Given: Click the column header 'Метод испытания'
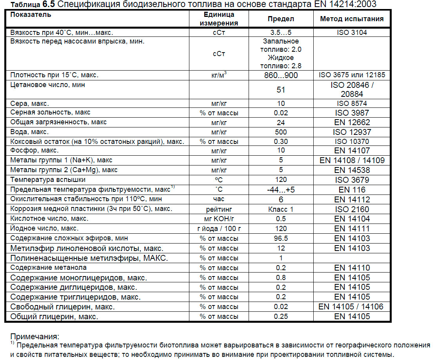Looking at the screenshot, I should [x=352, y=19].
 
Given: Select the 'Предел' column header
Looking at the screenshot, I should [x=281, y=19].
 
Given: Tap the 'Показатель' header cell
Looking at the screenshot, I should [x=31, y=15].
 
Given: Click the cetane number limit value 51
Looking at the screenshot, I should [x=281, y=90].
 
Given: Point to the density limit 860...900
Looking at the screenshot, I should [x=281, y=75].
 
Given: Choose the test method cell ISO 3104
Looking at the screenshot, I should [x=352, y=33].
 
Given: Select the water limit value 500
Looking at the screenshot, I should [x=281, y=132].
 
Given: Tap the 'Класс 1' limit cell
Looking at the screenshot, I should [x=281, y=209].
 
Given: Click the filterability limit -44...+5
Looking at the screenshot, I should [x=281, y=190].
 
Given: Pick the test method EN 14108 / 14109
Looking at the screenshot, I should [x=352, y=160].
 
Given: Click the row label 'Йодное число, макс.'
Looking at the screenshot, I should [x=44, y=228].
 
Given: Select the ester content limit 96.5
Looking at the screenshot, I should [x=281, y=238].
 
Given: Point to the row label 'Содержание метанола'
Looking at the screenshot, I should [x=49, y=267].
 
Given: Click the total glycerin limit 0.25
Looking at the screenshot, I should [x=281, y=316].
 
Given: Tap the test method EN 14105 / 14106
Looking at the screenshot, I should [x=352, y=307].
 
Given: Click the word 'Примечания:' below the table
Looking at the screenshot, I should [x=35, y=336].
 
